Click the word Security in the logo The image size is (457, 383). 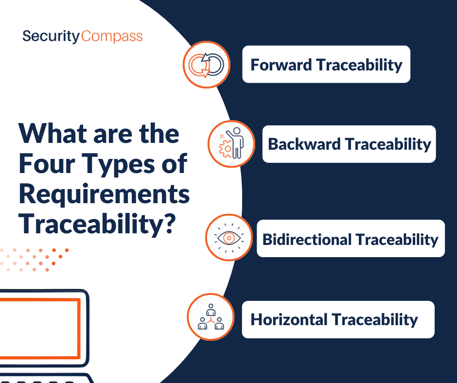click(x=51, y=36)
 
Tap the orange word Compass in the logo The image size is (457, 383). click(x=112, y=36)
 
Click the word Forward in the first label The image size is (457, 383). click(x=281, y=65)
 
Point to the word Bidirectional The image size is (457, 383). click(x=307, y=240)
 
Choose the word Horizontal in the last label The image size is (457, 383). click(x=289, y=319)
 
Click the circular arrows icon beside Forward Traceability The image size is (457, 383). click(x=206, y=65)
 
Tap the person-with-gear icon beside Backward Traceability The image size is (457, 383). click(x=231, y=144)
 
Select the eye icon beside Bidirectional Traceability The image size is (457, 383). click(x=229, y=238)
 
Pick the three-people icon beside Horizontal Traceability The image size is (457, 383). click(x=211, y=317)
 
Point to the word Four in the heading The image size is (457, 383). click(x=47, y=164)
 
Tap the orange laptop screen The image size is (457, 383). click(x=39, y=328)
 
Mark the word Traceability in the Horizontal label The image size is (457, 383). click(x=375, y=320)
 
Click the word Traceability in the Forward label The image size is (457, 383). click(x=359, y=65)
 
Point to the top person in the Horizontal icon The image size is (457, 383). click(x=211, y=310)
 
